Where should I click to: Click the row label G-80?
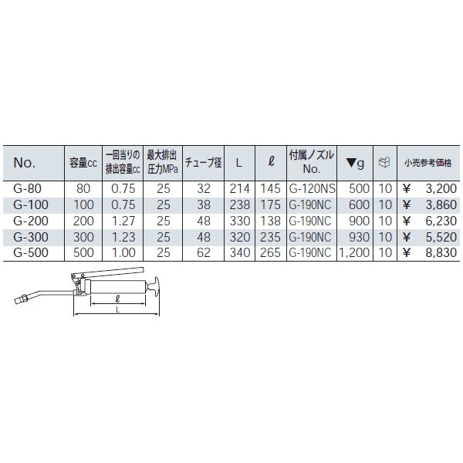[28, 189]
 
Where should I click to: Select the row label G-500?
[31, 253]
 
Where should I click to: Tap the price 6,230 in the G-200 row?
[441, 221]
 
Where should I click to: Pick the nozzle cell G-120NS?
[312, 189]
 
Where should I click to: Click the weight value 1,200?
[353, 253]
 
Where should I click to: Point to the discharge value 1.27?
[123, 221]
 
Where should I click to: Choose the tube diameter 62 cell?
[204, 253]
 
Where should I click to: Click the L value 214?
[239, 189]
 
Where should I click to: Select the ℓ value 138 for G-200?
[270, 221]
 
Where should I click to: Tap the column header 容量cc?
[83, 163]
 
